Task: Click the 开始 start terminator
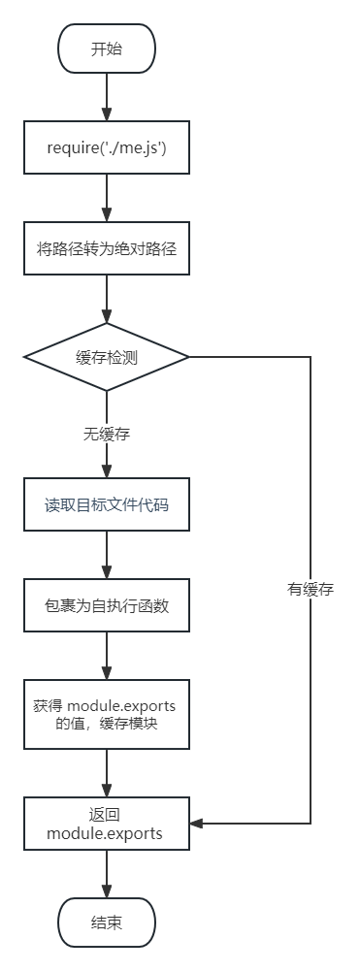pos(107,49)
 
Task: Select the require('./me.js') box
pos(107,148)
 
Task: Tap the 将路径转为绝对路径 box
pos(107,248)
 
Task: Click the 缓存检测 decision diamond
pos(107,357)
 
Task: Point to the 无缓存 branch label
pos(107,435)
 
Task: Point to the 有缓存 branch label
pos(311,589)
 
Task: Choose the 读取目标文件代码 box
pos(107,504)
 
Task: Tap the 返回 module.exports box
pos(107,824)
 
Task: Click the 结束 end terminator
pos(107,922)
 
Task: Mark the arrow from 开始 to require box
pos(107,97)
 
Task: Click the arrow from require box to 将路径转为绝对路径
pos(107,198)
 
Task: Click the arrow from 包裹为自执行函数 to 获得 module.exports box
pos(107,660)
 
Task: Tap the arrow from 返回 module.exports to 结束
pos(107,873)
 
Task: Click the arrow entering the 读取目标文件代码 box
pos(107,466)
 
